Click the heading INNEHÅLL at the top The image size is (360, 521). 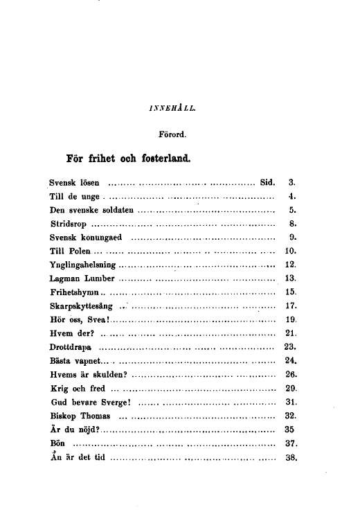172,108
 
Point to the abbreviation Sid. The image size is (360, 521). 267,184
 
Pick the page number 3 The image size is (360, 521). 291,184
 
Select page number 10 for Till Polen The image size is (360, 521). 291,250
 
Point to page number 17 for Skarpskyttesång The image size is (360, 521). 291,304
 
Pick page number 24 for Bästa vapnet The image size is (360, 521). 291,359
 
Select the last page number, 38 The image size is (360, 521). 291,458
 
